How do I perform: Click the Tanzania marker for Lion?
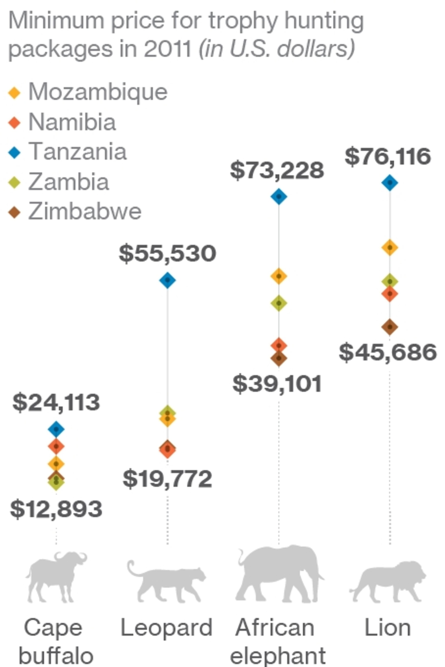(390, 183)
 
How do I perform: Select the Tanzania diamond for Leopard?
(168, 280)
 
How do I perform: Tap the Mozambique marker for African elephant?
(279, 276)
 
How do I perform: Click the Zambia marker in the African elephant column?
(279, 303)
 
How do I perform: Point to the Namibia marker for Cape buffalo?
(56, 446)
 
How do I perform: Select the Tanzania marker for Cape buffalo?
(56, 429)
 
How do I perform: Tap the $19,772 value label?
(168, 479)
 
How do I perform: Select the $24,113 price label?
(56, 402)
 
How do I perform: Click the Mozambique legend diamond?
(14, 93)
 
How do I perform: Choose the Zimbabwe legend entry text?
(85, 211)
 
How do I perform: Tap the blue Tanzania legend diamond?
(14, 153)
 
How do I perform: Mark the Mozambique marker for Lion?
(390, 247)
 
